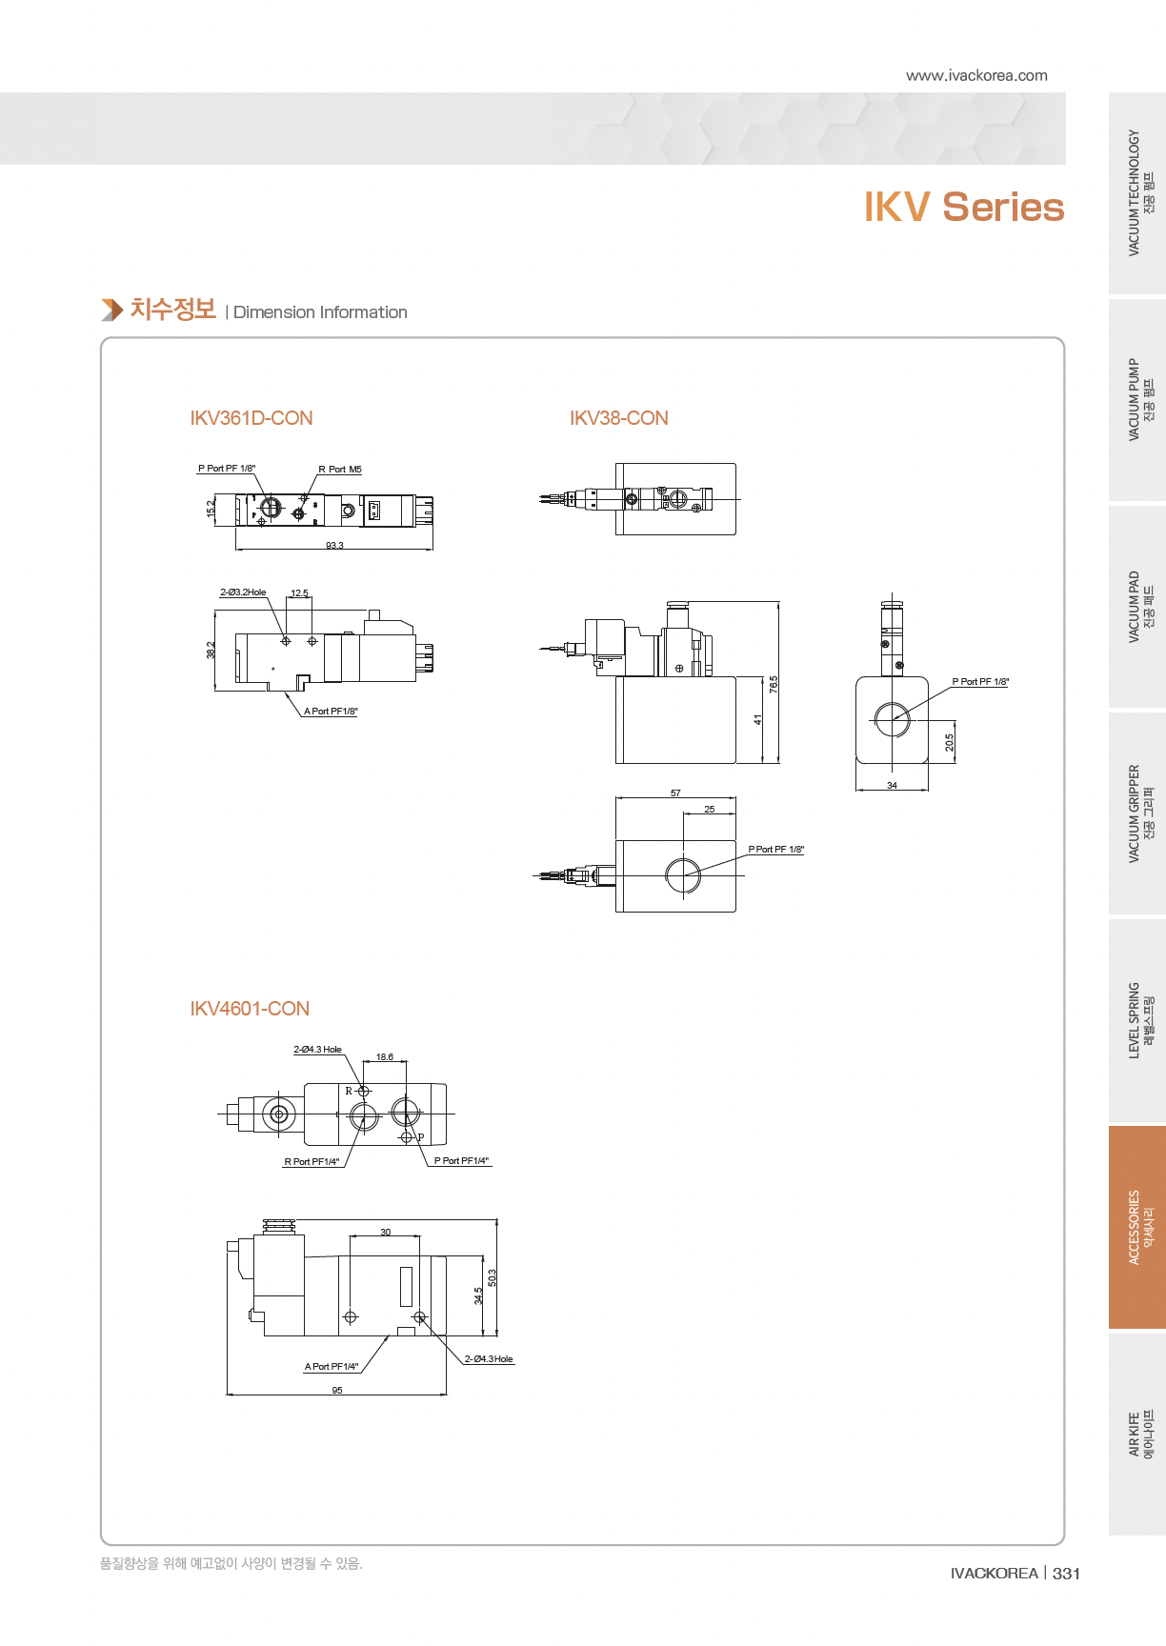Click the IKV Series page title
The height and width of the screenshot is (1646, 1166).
point(963,208)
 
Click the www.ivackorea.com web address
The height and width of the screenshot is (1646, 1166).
point(976,75)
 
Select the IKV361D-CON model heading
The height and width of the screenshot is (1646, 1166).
point(251,418)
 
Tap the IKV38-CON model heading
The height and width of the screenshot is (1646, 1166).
point(619,418)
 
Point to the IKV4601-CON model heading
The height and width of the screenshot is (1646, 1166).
point(250,1009)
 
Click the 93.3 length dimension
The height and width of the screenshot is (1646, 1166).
point(334,546)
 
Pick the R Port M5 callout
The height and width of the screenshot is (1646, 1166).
point(340,470)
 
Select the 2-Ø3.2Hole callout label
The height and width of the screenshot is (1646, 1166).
point(243,592)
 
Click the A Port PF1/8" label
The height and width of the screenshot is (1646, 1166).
point(331,712)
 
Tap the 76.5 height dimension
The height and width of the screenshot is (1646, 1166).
point(774,684)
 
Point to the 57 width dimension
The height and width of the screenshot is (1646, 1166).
point(675,793)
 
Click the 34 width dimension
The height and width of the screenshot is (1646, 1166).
point(892,786)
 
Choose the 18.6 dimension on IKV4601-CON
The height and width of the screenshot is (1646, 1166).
point(385,1057)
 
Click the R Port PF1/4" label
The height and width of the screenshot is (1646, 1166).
point(312,1162)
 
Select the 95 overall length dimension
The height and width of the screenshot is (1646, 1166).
point(337,1391)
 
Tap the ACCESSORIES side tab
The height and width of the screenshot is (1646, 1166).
point(1138,1227)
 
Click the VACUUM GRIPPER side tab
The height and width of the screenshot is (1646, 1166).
point(1138,814)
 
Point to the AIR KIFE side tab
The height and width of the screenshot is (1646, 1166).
point(1138,1434)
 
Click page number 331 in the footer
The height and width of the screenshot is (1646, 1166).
point(1066,1574)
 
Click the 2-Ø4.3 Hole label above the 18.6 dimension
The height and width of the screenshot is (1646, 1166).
point(317,1050)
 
